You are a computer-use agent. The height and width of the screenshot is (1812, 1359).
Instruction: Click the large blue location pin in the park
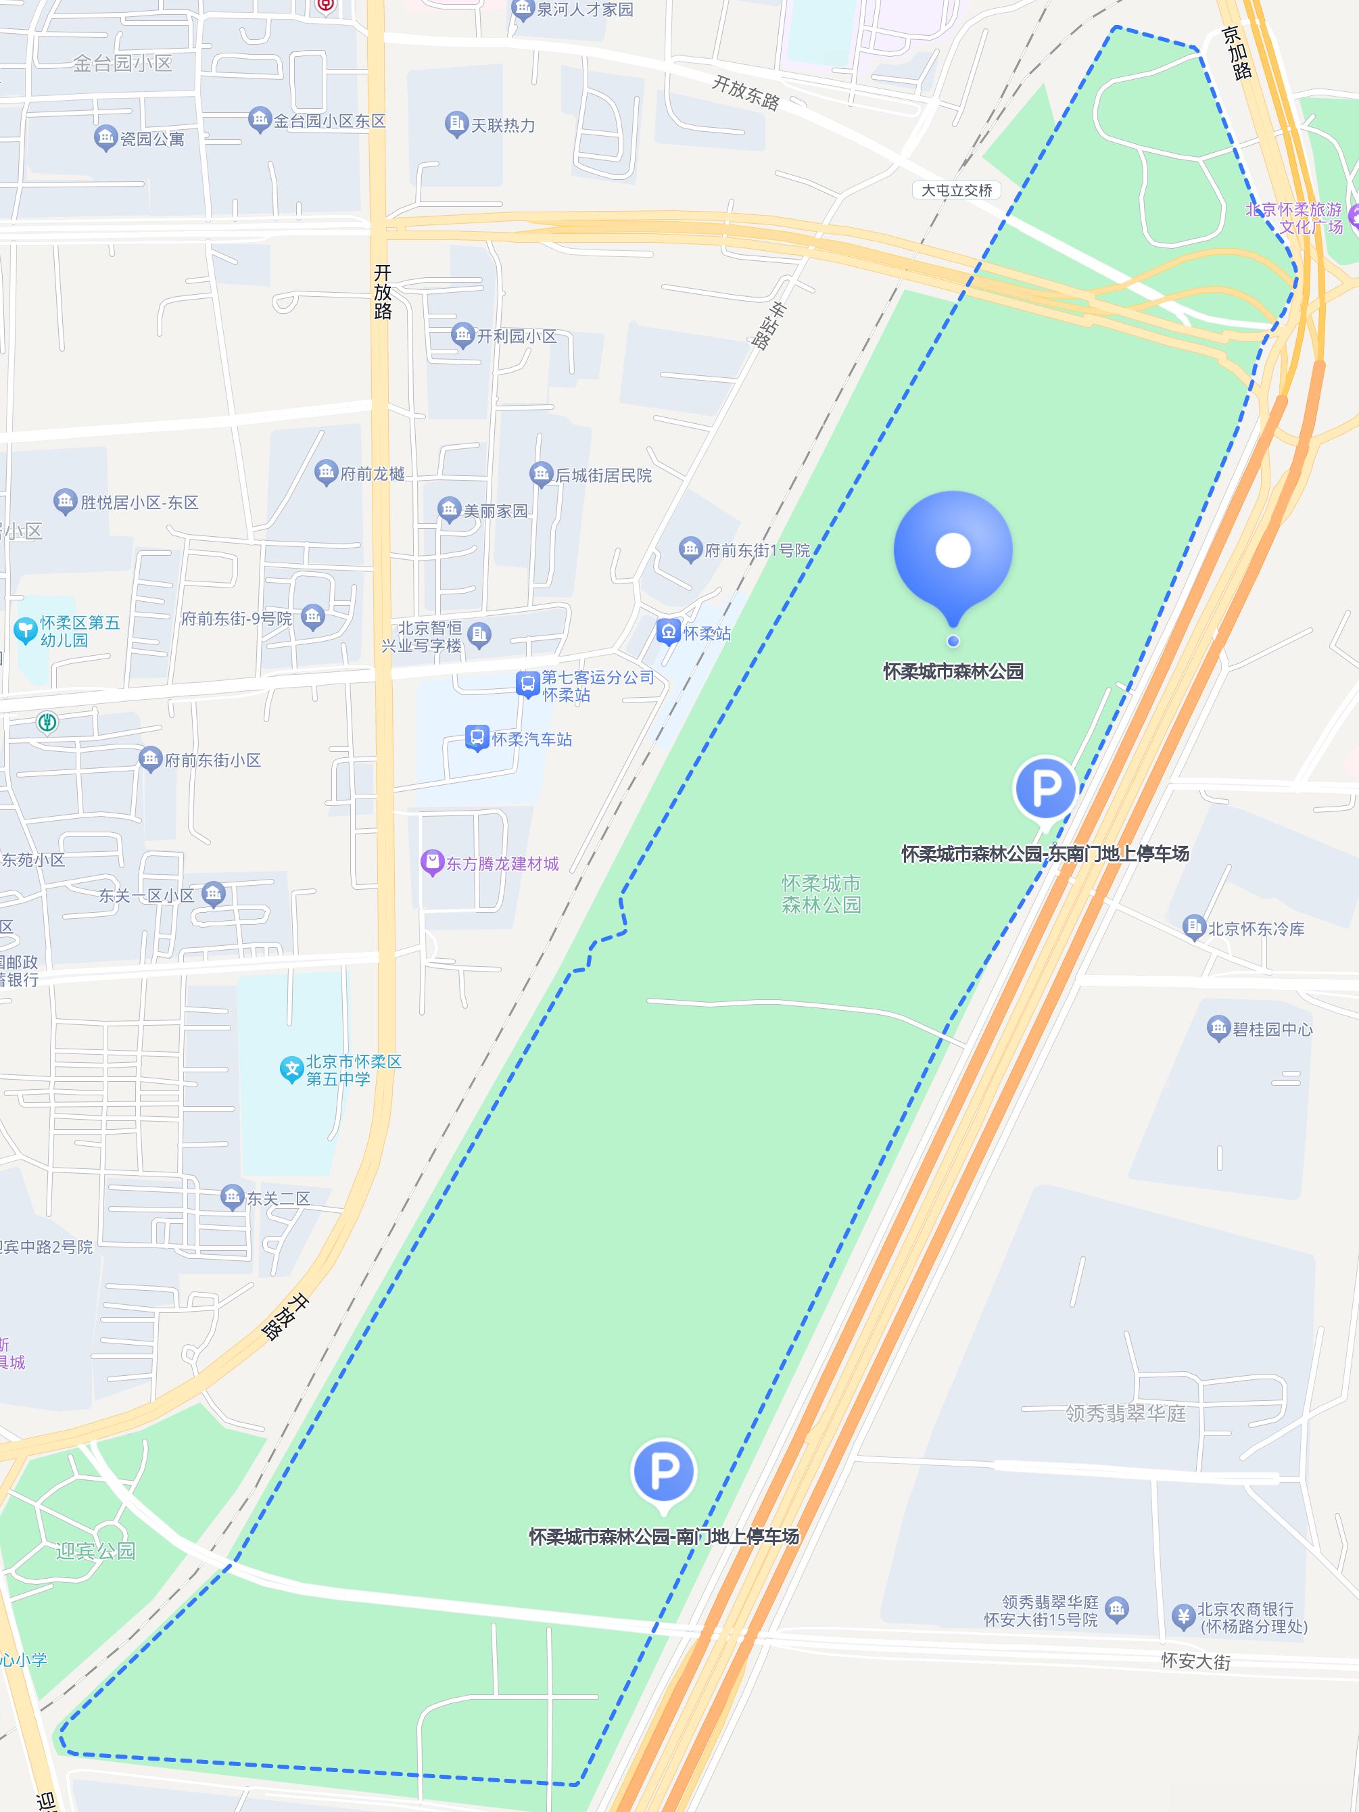click(x=953, y=550)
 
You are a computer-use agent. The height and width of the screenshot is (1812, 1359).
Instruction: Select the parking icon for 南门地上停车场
click(x=663, y=1471)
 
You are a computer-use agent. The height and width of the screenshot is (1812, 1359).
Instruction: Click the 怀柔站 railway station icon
click(x=669, y=631)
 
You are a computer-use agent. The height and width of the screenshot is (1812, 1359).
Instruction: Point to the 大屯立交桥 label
click(x=956, y=190)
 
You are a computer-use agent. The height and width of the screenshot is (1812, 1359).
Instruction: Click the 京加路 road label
click(x=1236, y=53)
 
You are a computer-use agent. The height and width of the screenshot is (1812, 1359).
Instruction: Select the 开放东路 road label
click(x=746, y=92)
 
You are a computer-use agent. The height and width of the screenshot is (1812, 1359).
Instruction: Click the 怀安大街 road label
click(x=1195, y=1661)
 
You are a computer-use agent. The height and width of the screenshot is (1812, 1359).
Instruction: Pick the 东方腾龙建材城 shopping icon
click(x=431, y=863)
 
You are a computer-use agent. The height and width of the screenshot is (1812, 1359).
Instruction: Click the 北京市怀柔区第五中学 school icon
click(x=291, y=1069)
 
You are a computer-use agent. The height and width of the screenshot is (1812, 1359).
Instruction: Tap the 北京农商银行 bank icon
click(x=1182, y=1615)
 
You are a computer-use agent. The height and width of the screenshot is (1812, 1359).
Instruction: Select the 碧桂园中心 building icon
click(x=1218, y=1028)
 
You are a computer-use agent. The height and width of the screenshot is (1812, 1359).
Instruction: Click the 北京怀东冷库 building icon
click(x=1194, y=928)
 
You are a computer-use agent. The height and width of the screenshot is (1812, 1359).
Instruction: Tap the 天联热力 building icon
click(x=456, y=124)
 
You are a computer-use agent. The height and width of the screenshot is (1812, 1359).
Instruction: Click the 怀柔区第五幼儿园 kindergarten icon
click(x=26, y=630)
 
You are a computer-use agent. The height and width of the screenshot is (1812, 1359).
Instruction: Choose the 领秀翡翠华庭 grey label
click(x=1126, y=1413)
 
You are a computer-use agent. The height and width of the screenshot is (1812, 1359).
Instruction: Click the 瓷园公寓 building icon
click(x=105, y=138)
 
